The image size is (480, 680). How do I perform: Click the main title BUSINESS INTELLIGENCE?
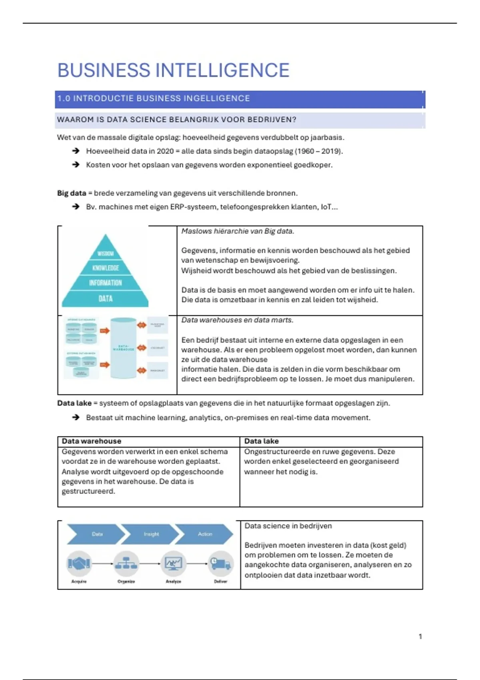(173, 70)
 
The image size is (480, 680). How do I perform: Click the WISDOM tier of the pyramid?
(106, 253)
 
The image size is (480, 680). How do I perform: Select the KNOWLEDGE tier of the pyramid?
(106, 268)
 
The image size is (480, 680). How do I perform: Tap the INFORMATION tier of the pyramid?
(106, 283)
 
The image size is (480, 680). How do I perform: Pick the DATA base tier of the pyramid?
(106, 298)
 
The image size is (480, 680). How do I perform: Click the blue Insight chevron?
(151, 534)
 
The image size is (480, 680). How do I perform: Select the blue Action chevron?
(205, 534)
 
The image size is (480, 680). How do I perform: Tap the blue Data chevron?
(97, 534)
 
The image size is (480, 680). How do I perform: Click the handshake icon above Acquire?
(79, 564)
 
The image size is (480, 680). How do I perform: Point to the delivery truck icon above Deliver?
(220, 564)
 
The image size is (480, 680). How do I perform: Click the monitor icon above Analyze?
(173, 564)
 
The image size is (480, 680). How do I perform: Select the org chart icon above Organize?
(126, 564)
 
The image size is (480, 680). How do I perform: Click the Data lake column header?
(262, 441)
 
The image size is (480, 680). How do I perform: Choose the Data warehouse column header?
(91, 441)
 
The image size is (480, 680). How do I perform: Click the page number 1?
(420, 636)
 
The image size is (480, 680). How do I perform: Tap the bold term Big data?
(72, 193)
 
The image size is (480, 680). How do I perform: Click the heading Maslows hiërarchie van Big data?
(238, 231)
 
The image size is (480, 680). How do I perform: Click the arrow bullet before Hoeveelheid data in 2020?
(76, 151)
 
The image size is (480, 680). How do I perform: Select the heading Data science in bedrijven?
(288, 526)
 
